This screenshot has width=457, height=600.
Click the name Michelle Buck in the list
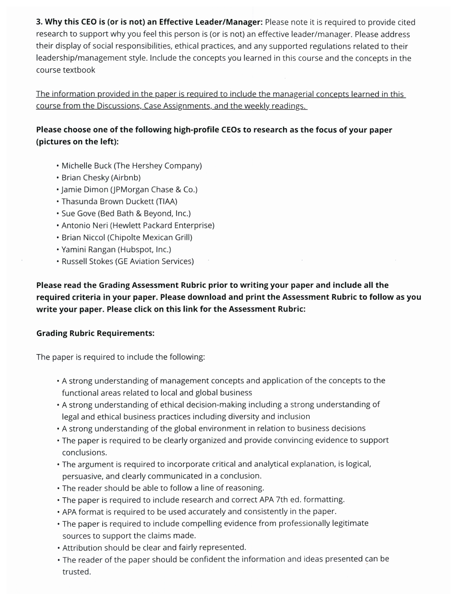click(86, 165)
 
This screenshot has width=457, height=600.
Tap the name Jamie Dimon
click(85, 190)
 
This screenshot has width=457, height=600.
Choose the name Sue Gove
click(78, 213)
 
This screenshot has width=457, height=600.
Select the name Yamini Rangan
click(88, 249)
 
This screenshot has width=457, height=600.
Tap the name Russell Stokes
click(87, 261)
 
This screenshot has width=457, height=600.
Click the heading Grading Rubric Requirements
click(95, 333)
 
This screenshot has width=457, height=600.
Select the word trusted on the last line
click(76, 572)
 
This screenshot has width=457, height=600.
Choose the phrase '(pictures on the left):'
click(77, 142)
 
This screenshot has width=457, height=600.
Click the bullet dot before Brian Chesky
click(58, 178)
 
